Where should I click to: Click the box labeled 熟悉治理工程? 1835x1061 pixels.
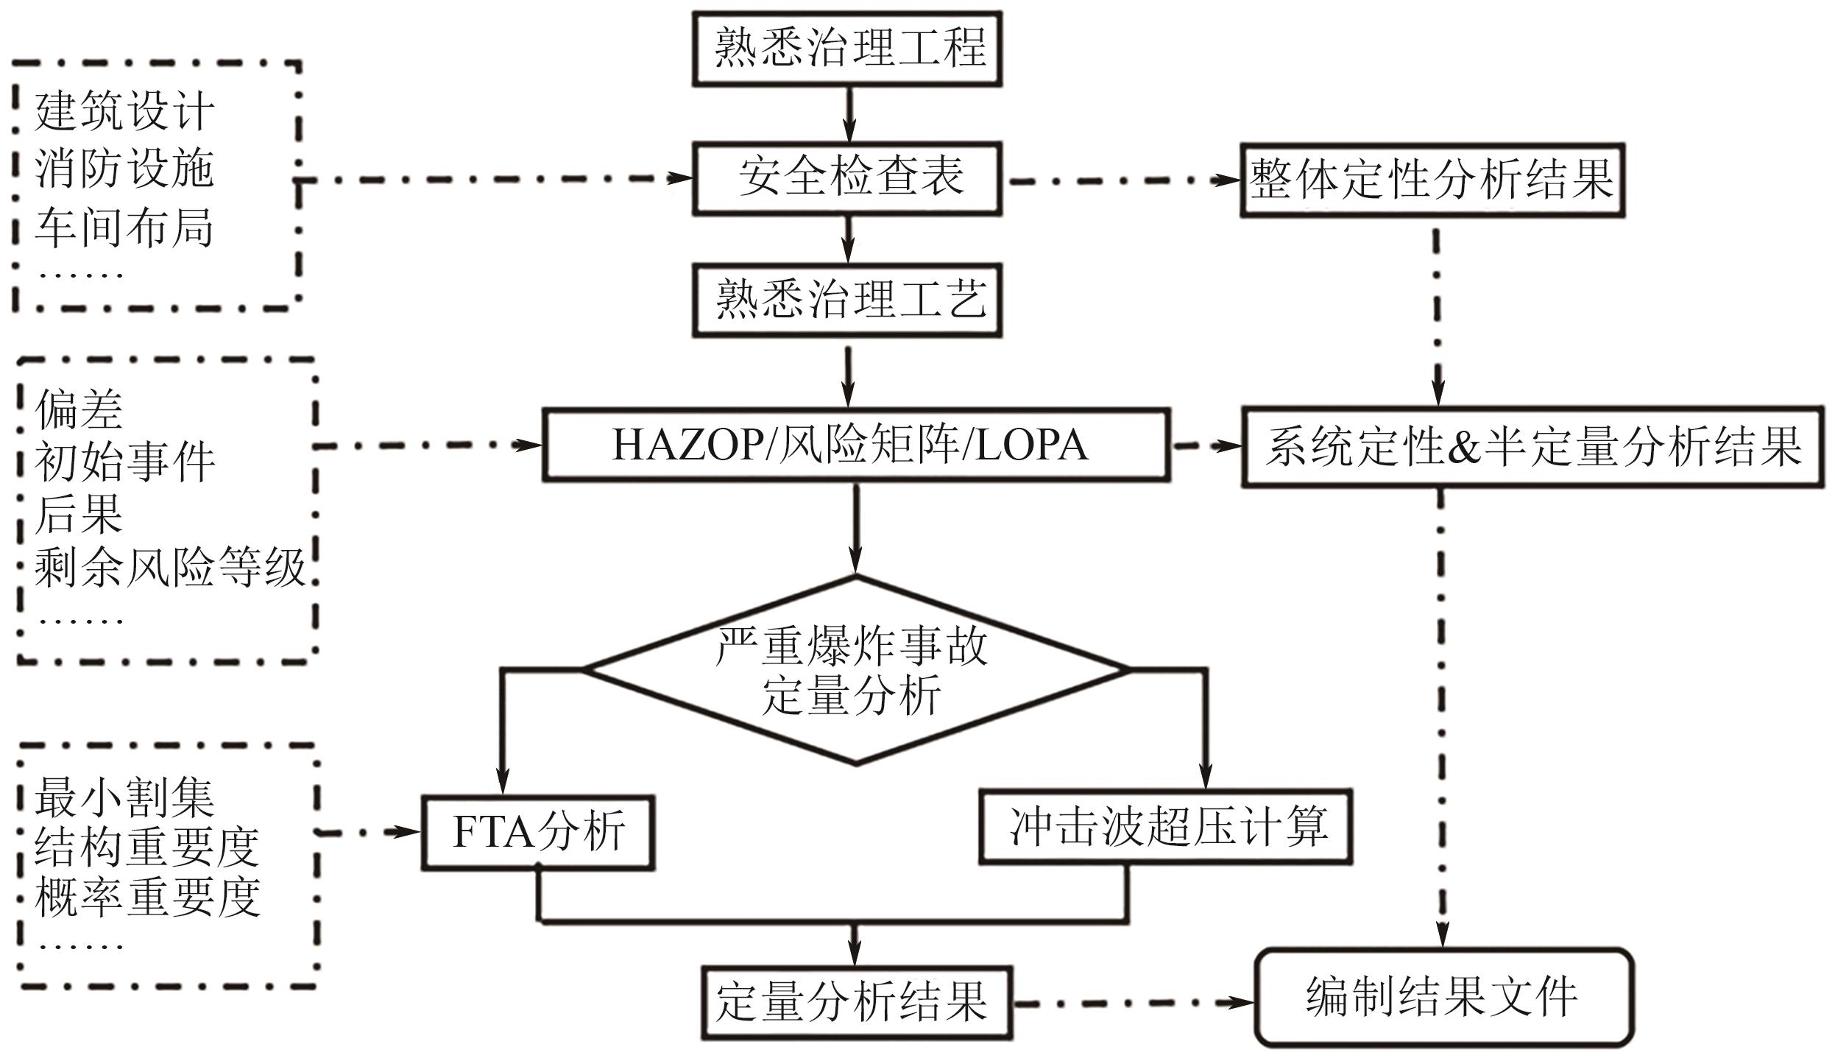[847, 49]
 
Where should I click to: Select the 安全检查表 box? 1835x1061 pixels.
[847, 179]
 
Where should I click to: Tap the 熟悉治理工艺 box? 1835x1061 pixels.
[847, 300]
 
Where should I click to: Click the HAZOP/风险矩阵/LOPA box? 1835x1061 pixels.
[856, 446]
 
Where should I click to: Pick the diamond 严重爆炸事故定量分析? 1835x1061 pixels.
[855, 671]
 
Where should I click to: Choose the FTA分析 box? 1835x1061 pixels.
[538, 832]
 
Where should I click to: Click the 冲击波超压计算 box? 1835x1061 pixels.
[1166, 827]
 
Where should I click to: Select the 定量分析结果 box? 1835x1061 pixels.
[856, 1003]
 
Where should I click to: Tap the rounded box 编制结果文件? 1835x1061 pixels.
[1443, 998]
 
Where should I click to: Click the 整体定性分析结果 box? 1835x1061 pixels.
[1432, 180]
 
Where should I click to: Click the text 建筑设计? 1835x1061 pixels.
[124, 112]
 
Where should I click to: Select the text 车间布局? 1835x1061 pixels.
[124, 228]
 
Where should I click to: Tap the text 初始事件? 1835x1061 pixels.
[124, 462]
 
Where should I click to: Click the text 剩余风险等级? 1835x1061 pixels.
[169, 568]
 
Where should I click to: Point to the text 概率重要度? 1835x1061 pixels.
[147, 898]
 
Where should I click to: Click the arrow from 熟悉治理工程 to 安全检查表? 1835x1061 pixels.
[849, 114]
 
